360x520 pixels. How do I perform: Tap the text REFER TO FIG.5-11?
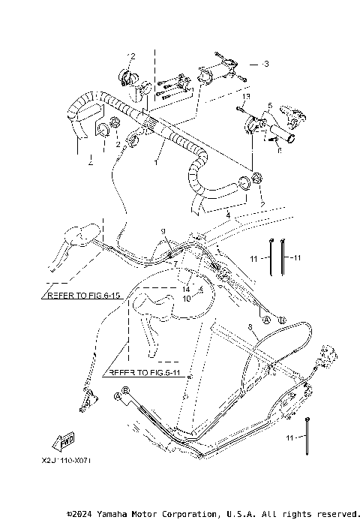pos(145,371)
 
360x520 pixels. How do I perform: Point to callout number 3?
pos(265,65)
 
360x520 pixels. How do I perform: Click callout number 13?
pos(244,98)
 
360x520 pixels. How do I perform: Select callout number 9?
pos(162,230)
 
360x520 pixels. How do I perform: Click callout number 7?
pos(174,264)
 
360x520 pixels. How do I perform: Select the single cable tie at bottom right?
pos(308,436)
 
